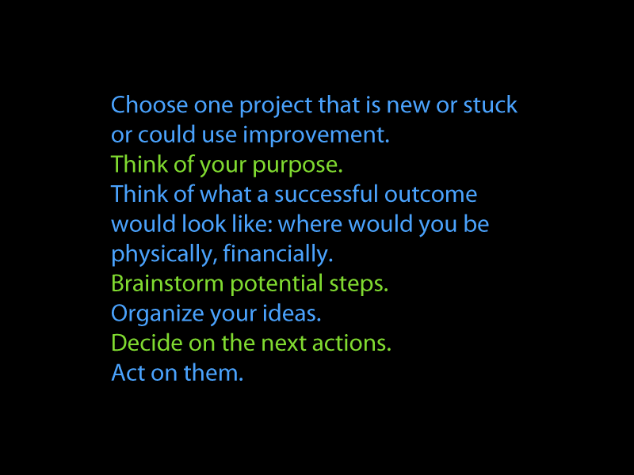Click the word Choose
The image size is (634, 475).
[149, 105]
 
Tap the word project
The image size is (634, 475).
[275, 107]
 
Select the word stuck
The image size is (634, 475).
[490, 105]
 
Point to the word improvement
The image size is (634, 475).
[316, 135]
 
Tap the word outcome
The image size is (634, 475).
[430, 195]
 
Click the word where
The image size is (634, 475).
[311, 224]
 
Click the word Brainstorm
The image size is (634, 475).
[167, 283]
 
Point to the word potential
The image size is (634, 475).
[277, 285]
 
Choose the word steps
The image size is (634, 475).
[359, 285]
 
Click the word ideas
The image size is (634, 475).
[292, 313]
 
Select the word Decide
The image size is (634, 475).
[147, 343]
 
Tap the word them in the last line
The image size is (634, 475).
[213, 373]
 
